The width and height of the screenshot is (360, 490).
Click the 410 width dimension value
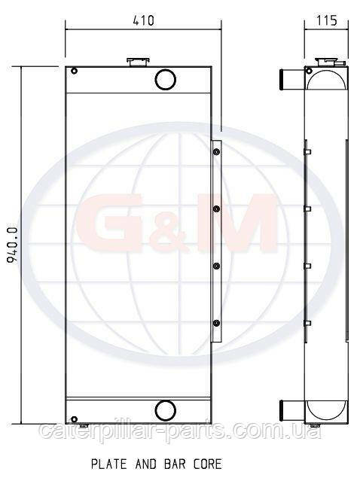click(144, 20)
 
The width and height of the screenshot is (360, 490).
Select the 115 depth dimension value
click(327, 20)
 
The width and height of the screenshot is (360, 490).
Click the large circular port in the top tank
click(165, 79)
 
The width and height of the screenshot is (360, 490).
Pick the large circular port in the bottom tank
click(165, 410)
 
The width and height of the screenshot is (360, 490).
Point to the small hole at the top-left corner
click(74, 71)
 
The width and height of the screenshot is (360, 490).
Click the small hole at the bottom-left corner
click(74, 419)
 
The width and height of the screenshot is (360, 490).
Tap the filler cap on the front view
click(138, 62)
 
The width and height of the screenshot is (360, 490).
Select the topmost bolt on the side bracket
click(216, 152)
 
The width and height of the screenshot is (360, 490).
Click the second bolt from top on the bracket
click(216, 208)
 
